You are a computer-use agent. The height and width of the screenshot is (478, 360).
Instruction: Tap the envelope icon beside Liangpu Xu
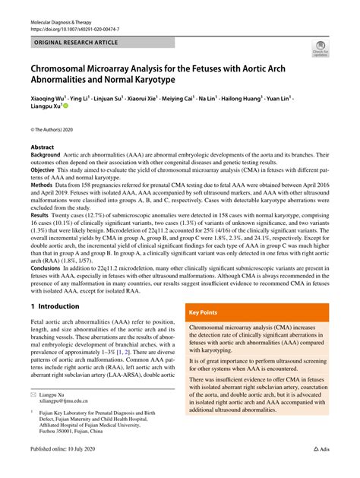[x=34, y=416]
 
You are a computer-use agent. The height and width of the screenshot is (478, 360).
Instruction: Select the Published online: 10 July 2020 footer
[x=72, y=470]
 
